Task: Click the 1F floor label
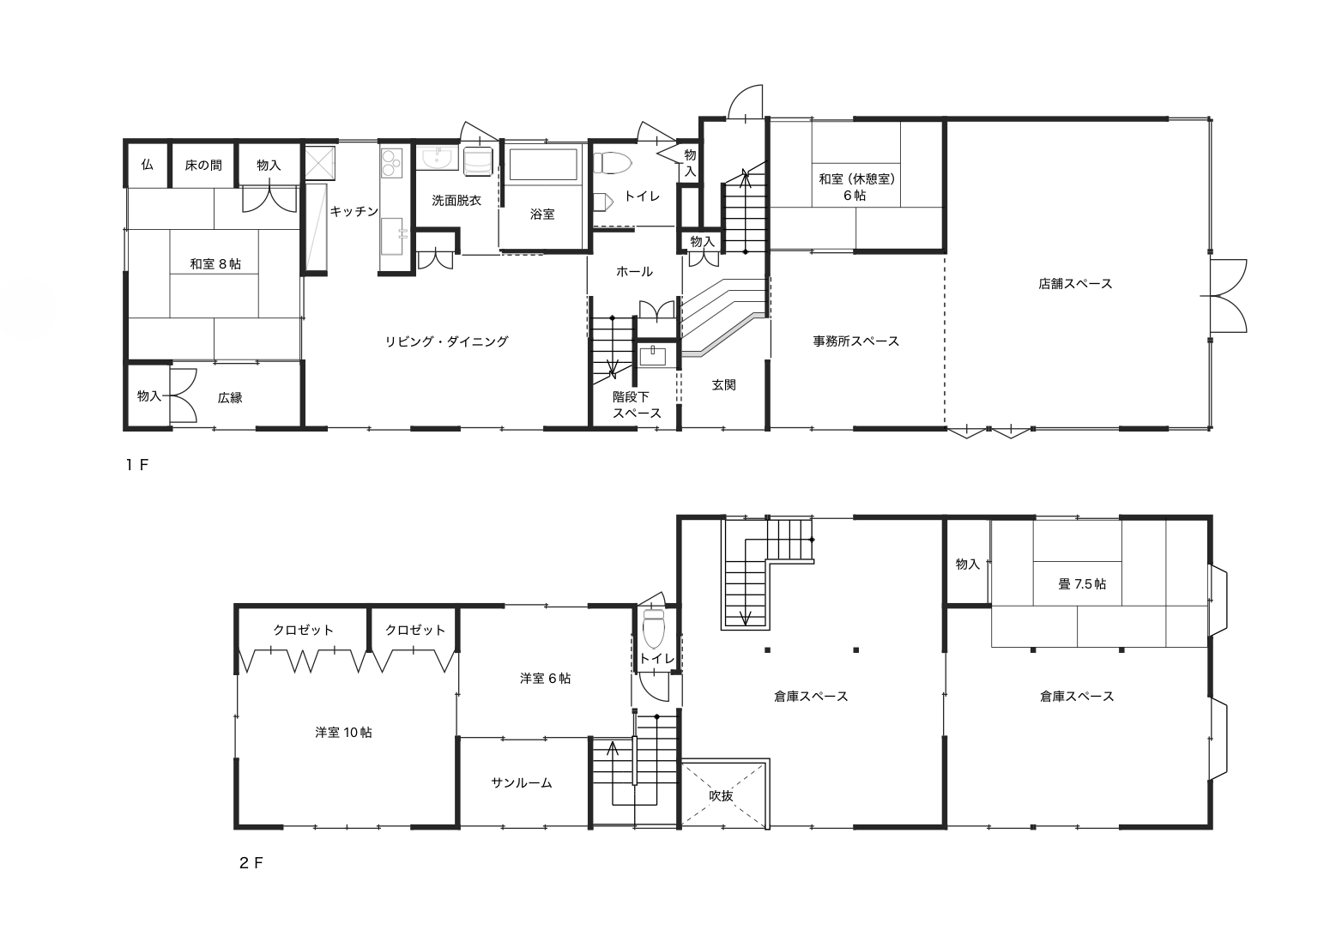pyautogui.click(x=136, y=465)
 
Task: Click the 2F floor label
pyautogui.click(x=251, y=863)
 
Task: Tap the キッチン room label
pyautogui.click(x=354, y=211)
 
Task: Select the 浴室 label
pyautogui.click(x=542, y=214)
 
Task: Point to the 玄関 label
pyautogui.click(x=723, y=385)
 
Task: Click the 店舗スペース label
pyautogui.click(x=1075, y=284)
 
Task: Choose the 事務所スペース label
pyautogui.click(x=856, y=341)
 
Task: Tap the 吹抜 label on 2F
pyautogui.click(x=721, y=796)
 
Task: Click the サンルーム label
pyautogui.click(x=521, y=782)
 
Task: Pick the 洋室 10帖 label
pyautogui.click(x=343, y=733)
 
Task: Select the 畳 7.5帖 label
pyautogui.click(x=1082, y=584)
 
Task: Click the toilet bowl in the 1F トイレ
pyautogui.click(x=613, y=163)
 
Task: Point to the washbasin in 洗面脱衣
pyautogui.click(x=438, y=159)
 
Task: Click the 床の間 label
pyautogui.click(x=203, y=166)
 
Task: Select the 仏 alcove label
pyautogui.click(x=148, y=165)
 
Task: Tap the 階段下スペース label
pyautogui.click(x=637, y=405)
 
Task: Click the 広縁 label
pyautogui.click(x=230, y=397)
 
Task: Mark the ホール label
pyautogui.click(x=634, y=272)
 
